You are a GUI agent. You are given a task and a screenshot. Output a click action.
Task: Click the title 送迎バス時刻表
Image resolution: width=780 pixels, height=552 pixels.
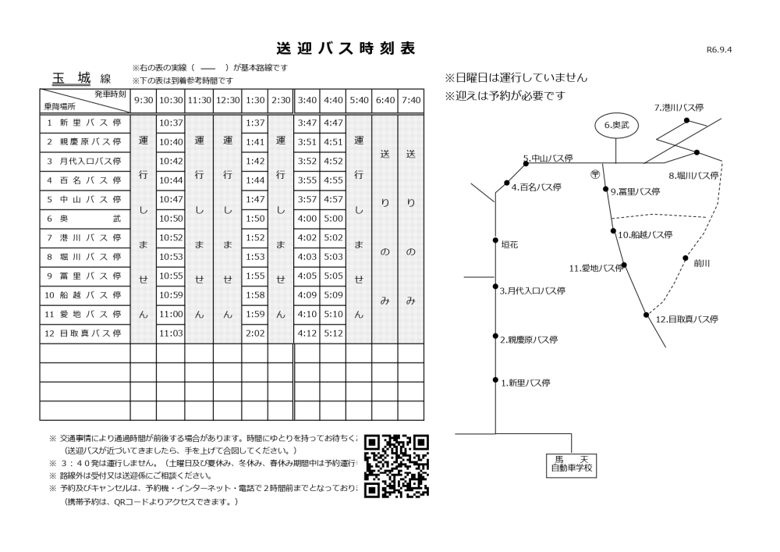coord(346,48)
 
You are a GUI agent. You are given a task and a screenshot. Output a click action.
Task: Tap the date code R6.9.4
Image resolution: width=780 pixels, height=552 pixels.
coord(720,50)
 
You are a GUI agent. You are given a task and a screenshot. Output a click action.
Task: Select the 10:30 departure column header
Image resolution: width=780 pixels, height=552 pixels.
coord(170,101)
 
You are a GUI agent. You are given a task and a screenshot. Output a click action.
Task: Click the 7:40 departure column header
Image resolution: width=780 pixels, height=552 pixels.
coord(410,101)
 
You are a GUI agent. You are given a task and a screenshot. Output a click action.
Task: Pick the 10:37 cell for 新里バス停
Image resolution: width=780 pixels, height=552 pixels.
coord(170,123)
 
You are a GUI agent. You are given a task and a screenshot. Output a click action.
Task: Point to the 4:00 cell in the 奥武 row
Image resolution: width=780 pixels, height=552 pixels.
coord(307,219)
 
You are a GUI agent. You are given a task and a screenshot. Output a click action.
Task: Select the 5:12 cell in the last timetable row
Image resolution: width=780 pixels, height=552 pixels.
coord(333,333)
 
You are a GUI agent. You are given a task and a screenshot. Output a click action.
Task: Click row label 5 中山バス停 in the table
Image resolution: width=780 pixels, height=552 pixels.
coord(84,199)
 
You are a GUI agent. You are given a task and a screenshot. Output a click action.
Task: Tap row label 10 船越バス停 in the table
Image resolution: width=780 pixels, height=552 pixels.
coord(84,295)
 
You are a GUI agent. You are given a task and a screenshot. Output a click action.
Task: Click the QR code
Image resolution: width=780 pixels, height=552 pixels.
coord(397,465)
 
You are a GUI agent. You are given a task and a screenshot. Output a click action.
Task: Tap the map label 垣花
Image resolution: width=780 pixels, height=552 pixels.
coord(509,244)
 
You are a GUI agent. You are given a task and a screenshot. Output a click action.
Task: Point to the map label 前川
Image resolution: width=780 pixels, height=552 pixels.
coord(702,264)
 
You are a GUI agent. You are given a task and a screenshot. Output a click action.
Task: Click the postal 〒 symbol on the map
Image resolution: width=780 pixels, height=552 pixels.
coord(595,173)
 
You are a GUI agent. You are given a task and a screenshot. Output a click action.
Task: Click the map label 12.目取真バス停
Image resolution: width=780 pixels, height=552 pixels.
coord(686,319)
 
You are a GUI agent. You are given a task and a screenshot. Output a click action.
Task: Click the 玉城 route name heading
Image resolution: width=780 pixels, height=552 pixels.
coord(71,78)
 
